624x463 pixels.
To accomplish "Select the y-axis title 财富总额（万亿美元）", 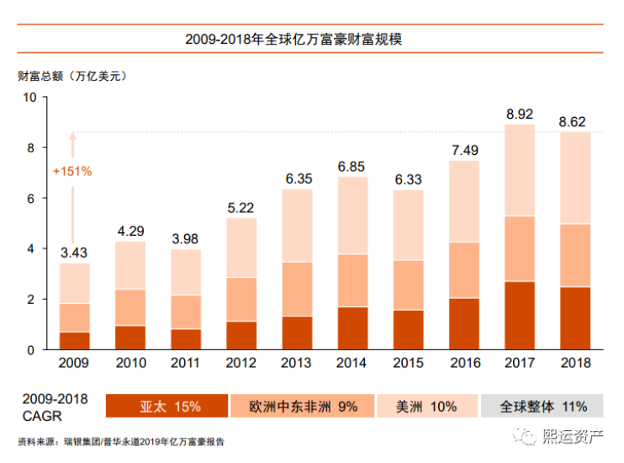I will tap(71, 76).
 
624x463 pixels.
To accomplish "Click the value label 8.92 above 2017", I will tap(519, 114).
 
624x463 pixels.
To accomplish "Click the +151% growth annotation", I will tap(72, 171).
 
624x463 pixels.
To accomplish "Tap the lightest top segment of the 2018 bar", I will tap(575, 178).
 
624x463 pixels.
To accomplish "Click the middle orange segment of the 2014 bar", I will tap(352, 280).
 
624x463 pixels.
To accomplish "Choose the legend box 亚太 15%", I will tap(167, 407).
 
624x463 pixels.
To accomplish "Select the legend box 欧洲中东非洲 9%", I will tap(303, 407).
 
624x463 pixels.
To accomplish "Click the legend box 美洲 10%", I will tap(426, 407).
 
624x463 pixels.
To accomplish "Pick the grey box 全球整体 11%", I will tap(542, 407).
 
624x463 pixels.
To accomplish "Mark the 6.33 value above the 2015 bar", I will tap(409, 179).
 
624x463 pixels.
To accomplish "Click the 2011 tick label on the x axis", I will tap(186, 364).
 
